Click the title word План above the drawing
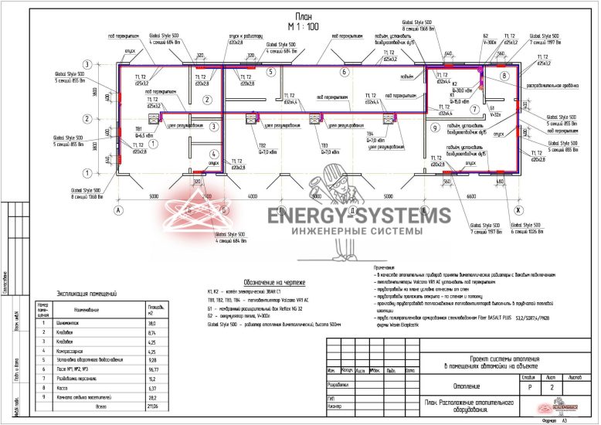[x=304, y=15]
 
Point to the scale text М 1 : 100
[x=303, y=26]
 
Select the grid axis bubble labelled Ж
[x=519, y=209]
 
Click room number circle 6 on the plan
[x=343, y=72]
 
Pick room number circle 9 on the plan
[x=435, y=127]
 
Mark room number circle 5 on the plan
[x=271, y=72]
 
